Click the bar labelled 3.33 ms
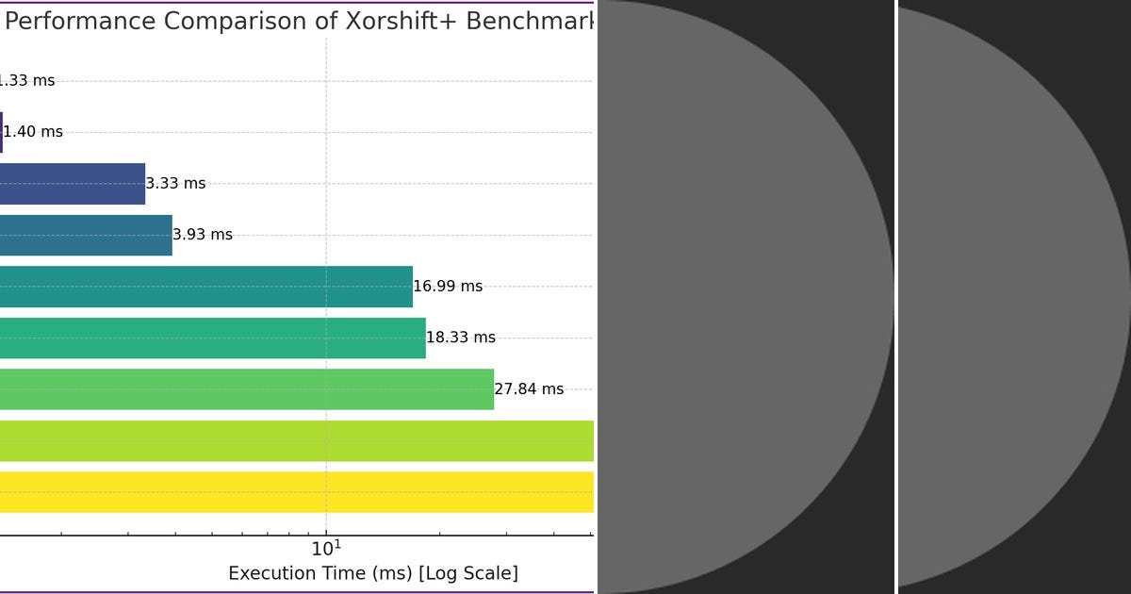click(72, 184)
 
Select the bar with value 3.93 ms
click(85, 235)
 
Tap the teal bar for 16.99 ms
click(205, 287)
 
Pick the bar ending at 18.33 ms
click(212, 338)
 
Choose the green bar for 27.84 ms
click(246, 389)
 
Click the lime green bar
click(296, 440)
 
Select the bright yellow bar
click(296, 492)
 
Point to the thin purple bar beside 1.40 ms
click(1, 132)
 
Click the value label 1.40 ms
click(33, 132)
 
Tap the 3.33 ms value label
click(175, 184)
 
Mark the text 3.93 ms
click(203, 235)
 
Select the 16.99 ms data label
click(448, 287)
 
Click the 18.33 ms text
click(461, 338)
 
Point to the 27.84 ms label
click(529, 389)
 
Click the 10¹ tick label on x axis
click(326, 548)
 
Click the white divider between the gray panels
click(895, 297)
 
